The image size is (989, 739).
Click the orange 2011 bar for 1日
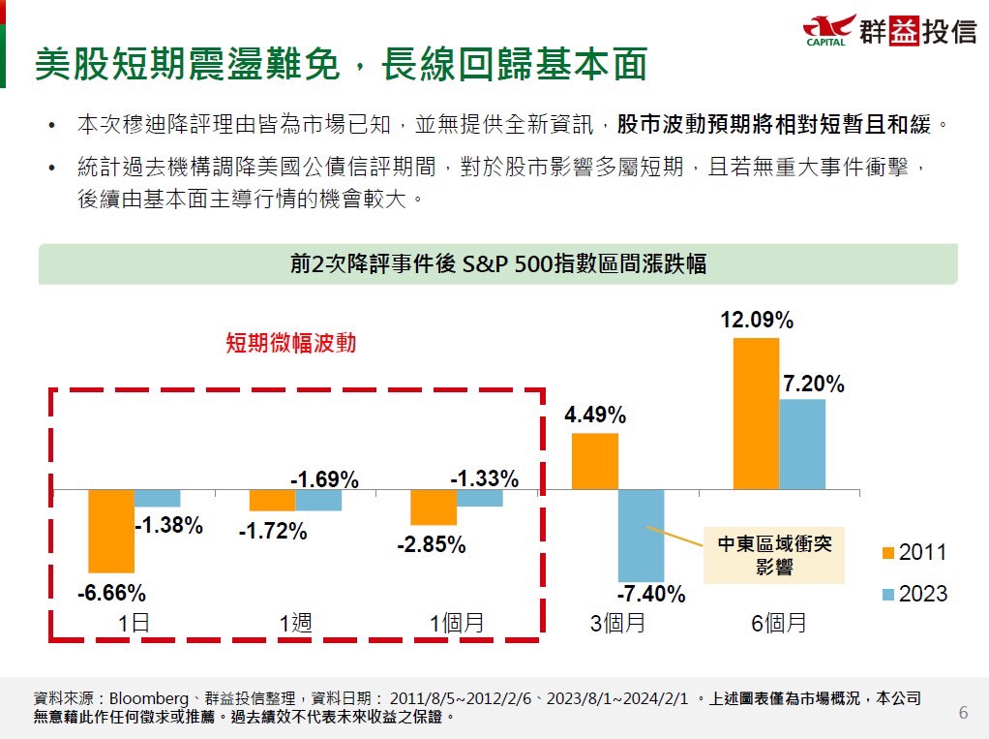(110, 531)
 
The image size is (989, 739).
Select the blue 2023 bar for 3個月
(641, 535)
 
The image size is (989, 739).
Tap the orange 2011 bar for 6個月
(756, 414)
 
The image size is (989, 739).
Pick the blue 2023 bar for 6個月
(802, 445)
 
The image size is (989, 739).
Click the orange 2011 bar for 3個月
(594, 461)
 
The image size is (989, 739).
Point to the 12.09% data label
(757, 320)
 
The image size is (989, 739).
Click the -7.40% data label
(651, 594)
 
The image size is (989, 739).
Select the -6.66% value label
(111, 593)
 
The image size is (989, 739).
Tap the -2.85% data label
(432, 544)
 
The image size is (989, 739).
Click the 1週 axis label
(295, 623)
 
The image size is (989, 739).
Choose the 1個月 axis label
(457, 623)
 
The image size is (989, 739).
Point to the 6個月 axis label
(779, 623)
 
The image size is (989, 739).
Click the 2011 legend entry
(914, 552)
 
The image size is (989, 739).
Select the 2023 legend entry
(914, 594)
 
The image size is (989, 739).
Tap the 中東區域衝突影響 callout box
(773, 556)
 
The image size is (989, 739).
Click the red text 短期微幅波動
(284, 344)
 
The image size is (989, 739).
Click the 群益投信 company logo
(890, 30)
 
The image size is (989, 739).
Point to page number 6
(963, 714)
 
